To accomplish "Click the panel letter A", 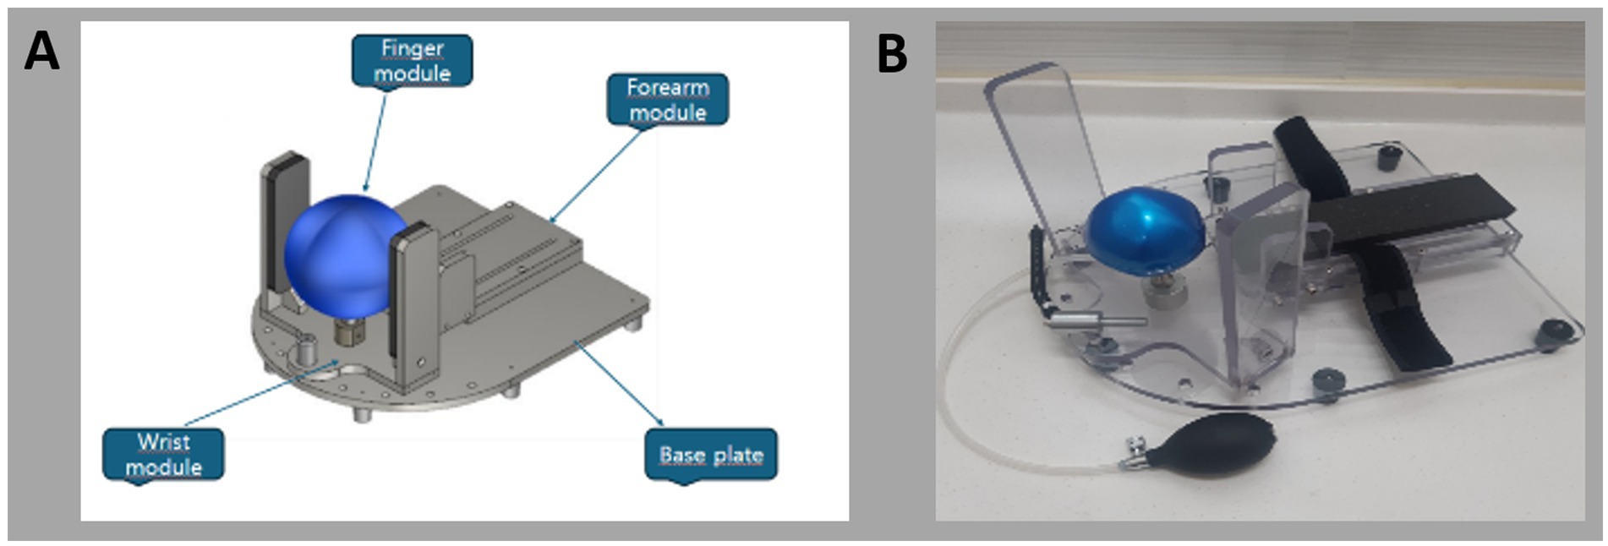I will tap(41, 52).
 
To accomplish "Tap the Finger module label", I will tap(412, 61).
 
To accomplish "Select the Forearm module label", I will tap(667, 100).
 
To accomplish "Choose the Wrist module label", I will tap(163, 454).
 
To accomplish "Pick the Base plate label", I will tap(710, 455).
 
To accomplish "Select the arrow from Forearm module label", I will tap(595, 174).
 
